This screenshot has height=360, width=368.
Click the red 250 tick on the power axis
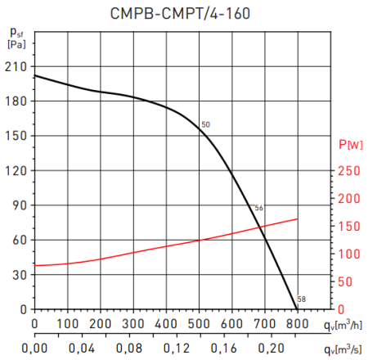pos(348,170)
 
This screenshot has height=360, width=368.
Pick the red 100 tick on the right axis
pos(348,254)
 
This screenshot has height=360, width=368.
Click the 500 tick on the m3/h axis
pos(199,324)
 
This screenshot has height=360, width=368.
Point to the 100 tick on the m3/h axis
pos(67,324)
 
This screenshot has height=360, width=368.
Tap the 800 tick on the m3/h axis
pos(297,324)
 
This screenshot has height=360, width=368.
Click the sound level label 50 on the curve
pos(205,124)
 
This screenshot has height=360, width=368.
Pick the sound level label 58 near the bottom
pos(301,299)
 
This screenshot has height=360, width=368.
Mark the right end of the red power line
pos(297,218)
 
